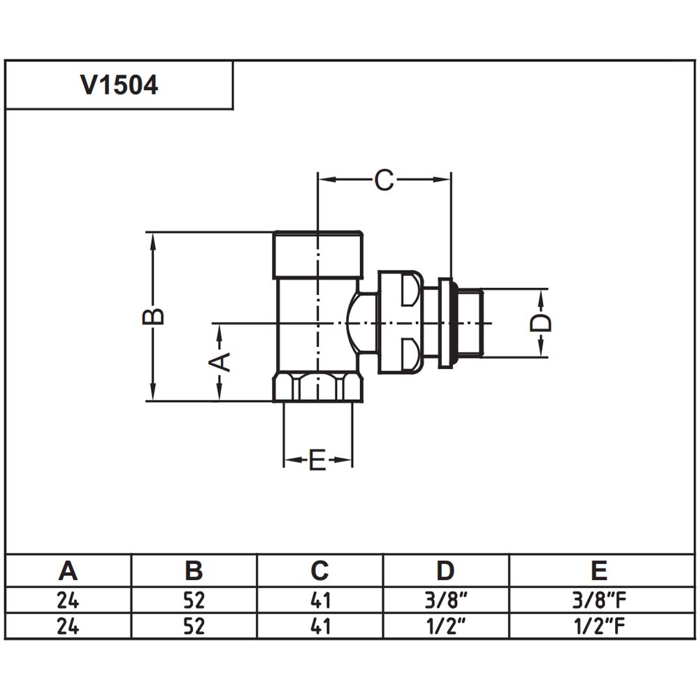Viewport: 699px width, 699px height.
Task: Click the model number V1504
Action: [x=119, y=85]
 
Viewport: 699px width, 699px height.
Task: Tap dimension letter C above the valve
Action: [x=384, y=180]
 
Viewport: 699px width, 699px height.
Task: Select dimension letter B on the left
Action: [x=153, y=317]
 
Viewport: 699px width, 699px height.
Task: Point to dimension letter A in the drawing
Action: [x=219, y=361]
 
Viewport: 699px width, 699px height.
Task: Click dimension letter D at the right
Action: [x=541, y=322]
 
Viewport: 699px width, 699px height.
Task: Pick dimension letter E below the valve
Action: [x=317, y=460]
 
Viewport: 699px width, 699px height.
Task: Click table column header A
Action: [x=68, y=570]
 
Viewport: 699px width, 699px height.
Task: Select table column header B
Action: [x=194, y=570]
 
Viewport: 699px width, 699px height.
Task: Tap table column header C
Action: [x=319, y=570]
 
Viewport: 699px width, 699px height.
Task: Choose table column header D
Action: [x=445, y=570]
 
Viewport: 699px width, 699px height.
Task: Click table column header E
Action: [x=599, y=570]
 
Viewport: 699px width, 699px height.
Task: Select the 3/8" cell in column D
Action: [x=446, y=600]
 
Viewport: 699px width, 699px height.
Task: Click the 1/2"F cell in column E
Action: [x=599, y=626]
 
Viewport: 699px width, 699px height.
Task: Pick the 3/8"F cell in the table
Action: [x=599, y=600]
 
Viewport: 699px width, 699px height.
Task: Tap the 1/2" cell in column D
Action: [x=446, y=626]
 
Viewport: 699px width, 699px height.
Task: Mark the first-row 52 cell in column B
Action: [x=194, y=600]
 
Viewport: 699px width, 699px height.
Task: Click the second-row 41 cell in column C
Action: [x=320, y=626]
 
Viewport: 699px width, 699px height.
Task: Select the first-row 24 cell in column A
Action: [x=68, y=600]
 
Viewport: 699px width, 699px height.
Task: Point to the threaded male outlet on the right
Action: [x=469, y=323]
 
